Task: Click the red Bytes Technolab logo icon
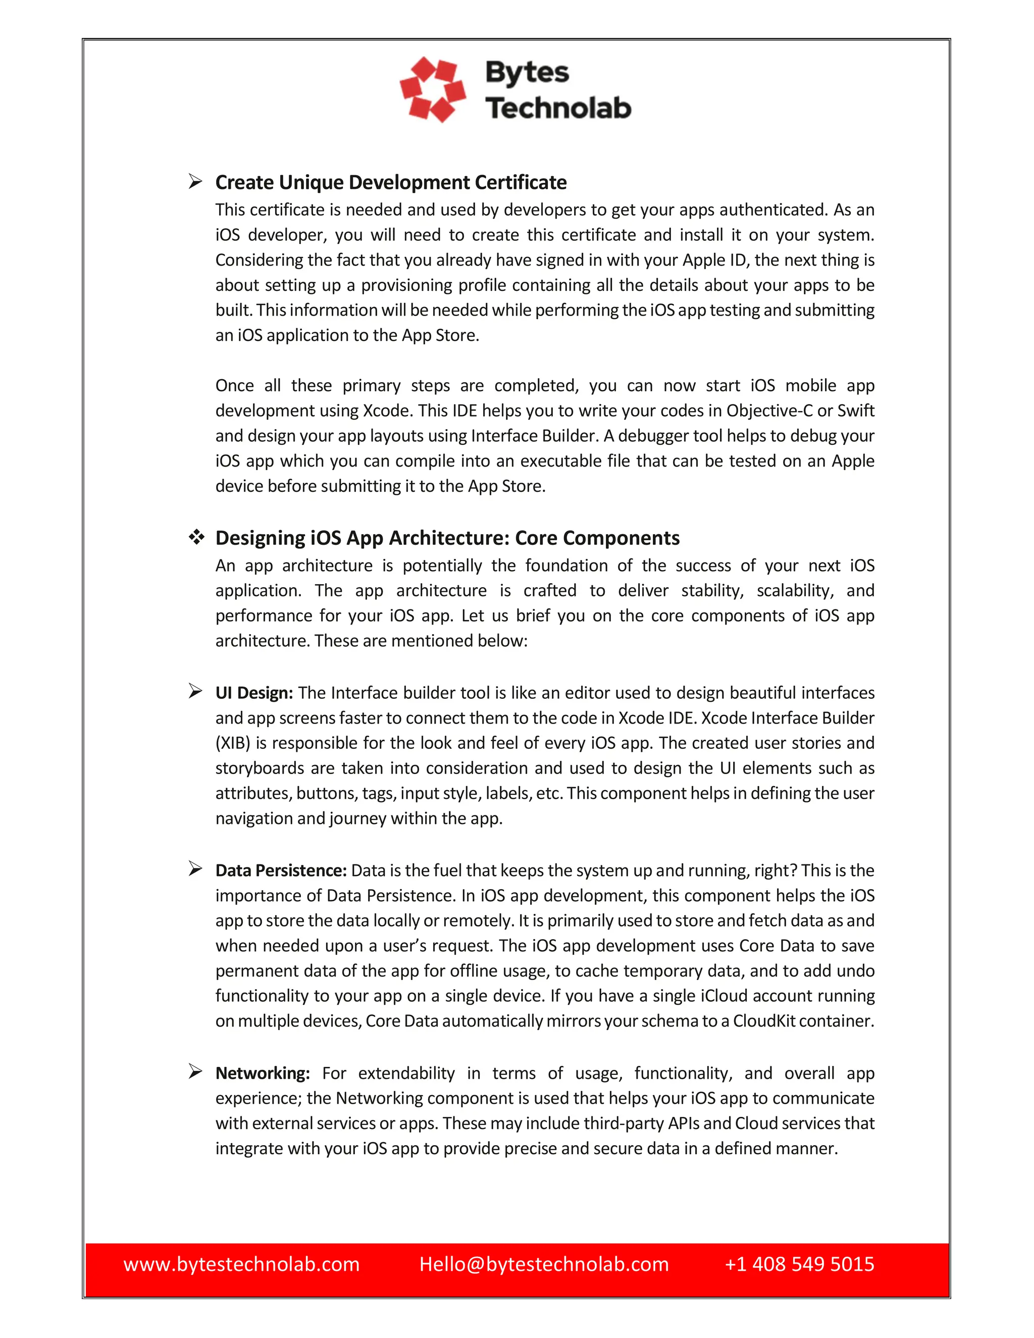click(433, 89)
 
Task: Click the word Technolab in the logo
click(558, 108)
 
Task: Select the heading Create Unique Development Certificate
click(391, 183)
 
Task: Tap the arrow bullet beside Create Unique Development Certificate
click(195, 181)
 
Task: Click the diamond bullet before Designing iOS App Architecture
click(196, 537)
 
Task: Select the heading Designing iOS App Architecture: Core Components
click(447, 538)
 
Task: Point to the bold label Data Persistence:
click(281, 870)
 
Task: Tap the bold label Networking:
click(263, 1073)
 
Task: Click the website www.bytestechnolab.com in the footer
click(241, 1264)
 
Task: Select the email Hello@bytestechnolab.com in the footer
click(544, 1264)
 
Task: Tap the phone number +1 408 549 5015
click(799, 1264)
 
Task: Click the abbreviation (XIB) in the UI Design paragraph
click(233, 743)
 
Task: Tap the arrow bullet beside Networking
click(195, 1071)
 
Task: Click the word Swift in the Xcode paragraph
click(856, 410)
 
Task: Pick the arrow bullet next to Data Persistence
click(195, 869)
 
